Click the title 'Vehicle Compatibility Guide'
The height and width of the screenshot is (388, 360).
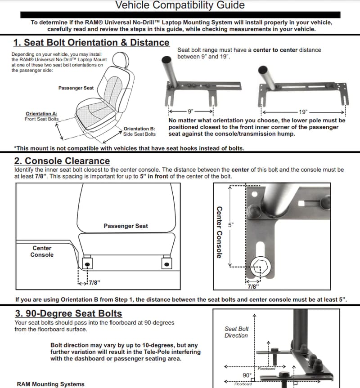tap(180, 5)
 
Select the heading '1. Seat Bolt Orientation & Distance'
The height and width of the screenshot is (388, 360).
tap(91, 42)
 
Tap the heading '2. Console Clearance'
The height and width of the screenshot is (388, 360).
tap(62, 161)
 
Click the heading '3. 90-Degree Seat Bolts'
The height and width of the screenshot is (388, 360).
tap(68, 313)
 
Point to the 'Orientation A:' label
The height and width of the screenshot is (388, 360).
tap(41, 114)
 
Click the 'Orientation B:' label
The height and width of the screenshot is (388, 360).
tap(139, 129)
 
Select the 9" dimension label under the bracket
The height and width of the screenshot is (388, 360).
tap(191, 111)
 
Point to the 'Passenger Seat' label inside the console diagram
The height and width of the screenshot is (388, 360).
tap(126, 226)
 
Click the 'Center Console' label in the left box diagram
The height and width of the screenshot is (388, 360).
tap(42, 251)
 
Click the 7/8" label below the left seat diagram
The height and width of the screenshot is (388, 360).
tap(94, 283)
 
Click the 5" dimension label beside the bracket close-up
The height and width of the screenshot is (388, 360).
tap(231, 225)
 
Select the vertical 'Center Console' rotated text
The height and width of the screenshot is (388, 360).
tap(219, 232)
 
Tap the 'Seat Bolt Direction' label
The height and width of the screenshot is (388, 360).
tap(236, 332)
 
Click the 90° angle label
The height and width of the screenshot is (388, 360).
tap(247, 375)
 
